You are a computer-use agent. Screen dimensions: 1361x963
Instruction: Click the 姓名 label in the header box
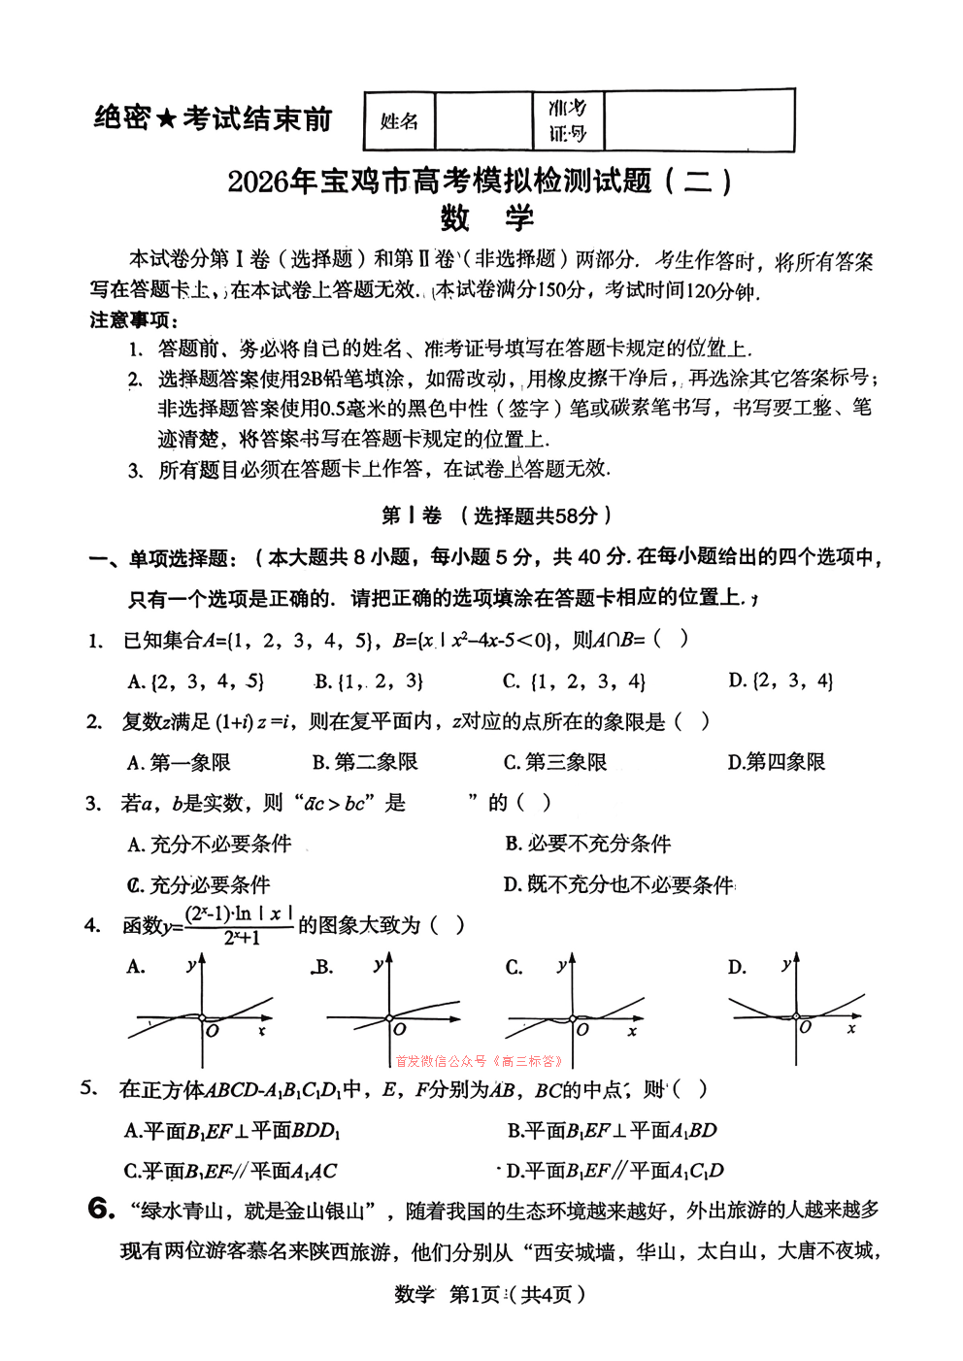pyautogui.click(x=399, y=121)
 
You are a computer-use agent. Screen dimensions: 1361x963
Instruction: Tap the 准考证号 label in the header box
pyautogui.click(x=568, y=120)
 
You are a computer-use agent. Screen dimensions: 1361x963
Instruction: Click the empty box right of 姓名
pyautogui.click(x=483, y=121)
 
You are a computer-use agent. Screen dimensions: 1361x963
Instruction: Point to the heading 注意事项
pyautogui.click(x=133, y=320)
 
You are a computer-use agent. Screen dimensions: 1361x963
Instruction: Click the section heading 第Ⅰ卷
pyautogui.click(x=411, y=515)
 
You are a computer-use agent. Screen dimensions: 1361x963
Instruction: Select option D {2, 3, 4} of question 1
pyautogui.click(x=780, y=680)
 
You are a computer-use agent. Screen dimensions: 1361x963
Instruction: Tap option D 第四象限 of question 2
pyautogui.click(x=777, y=763)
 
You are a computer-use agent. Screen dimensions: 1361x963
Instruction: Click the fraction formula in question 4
pyautogui.click(x=239, y=925)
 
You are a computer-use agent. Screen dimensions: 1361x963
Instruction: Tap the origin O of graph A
pyautogui.click(x=213, y=1030)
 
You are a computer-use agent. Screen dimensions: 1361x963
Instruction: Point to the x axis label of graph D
pyautogui.click(x=851, y=1028)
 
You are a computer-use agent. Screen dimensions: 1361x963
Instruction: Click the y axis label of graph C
pyautogui.click(x=560, y=965)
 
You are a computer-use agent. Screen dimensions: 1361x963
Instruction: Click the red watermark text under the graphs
pyautogui.click(x=479, y=1061)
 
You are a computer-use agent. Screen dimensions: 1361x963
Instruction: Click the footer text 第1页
pyautogui.click(x=475, y=1294)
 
